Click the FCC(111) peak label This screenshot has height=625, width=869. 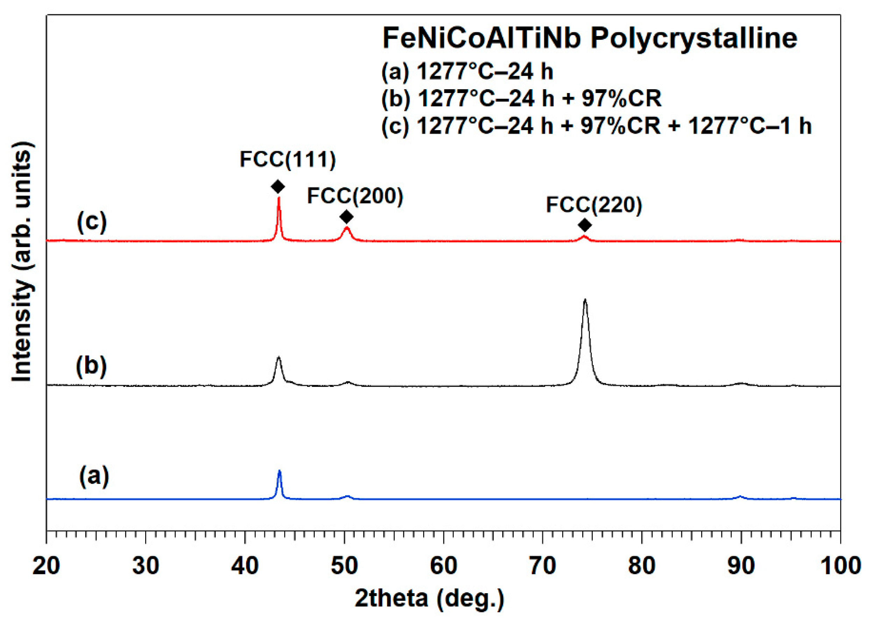(x=287, y=159)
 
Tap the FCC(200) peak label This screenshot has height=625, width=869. (x=355, y=196)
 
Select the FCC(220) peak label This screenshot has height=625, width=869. (x=593, y=205)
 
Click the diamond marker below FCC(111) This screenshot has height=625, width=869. (x=278, y=187)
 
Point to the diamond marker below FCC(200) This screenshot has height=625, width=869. (x=346, y=217)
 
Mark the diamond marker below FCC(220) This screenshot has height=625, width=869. (x=585, y=225)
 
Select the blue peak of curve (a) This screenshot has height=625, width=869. (x=279, y=473)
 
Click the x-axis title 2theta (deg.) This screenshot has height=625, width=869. (x=429, y=598)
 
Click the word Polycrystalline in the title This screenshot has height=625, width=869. (x=694, y=39)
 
